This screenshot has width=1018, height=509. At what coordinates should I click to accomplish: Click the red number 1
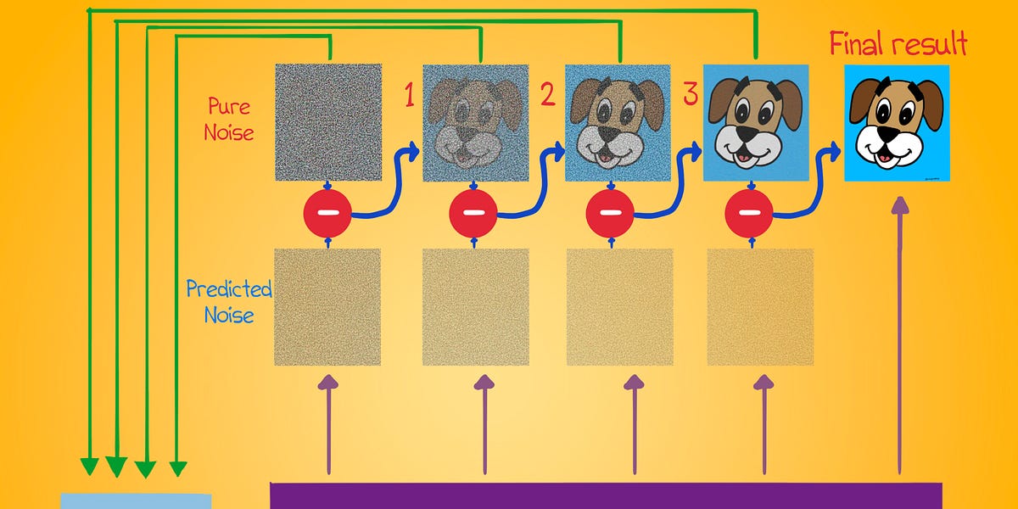coord(409,97)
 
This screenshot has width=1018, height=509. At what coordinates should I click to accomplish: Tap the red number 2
coord(548,94)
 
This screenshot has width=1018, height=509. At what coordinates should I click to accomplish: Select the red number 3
coord(690,94)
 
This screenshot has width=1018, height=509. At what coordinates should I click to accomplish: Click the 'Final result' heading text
coord(898,43)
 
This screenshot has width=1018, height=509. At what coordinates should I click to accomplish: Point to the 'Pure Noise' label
coord(230,119)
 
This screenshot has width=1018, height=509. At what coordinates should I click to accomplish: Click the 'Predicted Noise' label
coord(229,302)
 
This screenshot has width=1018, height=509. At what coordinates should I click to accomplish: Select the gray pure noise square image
coord(328,122)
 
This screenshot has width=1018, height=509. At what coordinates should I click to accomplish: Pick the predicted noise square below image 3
coord(760,307)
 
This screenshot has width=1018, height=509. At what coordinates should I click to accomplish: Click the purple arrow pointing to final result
coord(900,339)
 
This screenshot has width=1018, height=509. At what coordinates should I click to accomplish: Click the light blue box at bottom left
coord(136,501)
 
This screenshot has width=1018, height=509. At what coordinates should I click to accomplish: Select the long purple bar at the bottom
coord(606,495)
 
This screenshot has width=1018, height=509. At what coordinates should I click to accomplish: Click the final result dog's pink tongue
coord(884,156)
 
